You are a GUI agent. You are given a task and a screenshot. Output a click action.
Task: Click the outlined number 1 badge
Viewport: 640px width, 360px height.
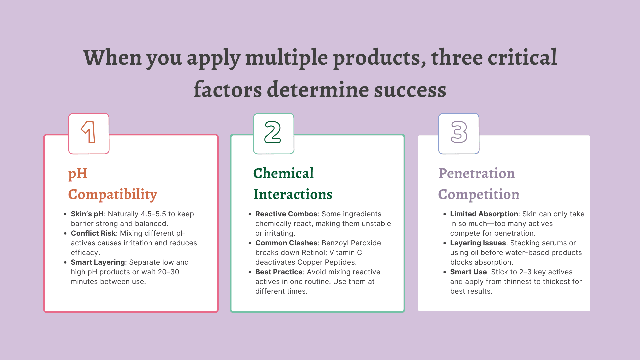[x=89, y=134]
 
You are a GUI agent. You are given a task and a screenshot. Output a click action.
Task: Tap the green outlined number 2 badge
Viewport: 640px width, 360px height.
[x=274, y=134]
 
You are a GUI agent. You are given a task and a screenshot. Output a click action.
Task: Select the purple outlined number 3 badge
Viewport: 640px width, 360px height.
[x=459, y=134]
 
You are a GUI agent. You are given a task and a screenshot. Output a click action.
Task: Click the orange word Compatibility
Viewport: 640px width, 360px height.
[x=113, y=195]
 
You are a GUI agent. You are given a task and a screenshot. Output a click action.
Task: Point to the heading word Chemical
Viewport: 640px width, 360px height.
[x=283, y=173]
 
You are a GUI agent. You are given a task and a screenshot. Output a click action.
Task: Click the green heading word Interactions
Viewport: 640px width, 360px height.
[x=293, y=194]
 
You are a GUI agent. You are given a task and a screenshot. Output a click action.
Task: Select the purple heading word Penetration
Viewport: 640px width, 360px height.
[x=476, y=173]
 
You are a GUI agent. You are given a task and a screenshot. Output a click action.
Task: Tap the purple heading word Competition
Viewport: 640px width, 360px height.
[x=479, y=195]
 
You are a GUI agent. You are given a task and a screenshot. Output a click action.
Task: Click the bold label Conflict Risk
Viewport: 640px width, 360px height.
[x=93, y=233]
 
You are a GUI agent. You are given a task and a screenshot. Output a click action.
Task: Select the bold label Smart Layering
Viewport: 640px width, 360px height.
[x=98, y=262]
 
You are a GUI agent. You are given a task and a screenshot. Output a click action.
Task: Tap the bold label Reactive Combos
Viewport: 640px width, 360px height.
[x=286, y=214]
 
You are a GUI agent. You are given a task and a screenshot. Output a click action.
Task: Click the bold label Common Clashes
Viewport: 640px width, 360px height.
[x=286, y=243]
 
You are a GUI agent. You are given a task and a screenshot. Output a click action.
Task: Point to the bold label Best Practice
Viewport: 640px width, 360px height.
[x=279, y=272]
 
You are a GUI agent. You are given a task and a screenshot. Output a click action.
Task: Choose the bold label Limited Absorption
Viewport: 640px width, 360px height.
[x=484, y=214]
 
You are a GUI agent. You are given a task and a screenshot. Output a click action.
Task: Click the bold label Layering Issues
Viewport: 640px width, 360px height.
[x=478, y=243]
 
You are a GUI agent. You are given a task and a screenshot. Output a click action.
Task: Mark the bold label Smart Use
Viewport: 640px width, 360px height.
[x=468, y=272]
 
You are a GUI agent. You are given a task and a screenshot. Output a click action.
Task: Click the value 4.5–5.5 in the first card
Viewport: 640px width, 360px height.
[x=153, y=214]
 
